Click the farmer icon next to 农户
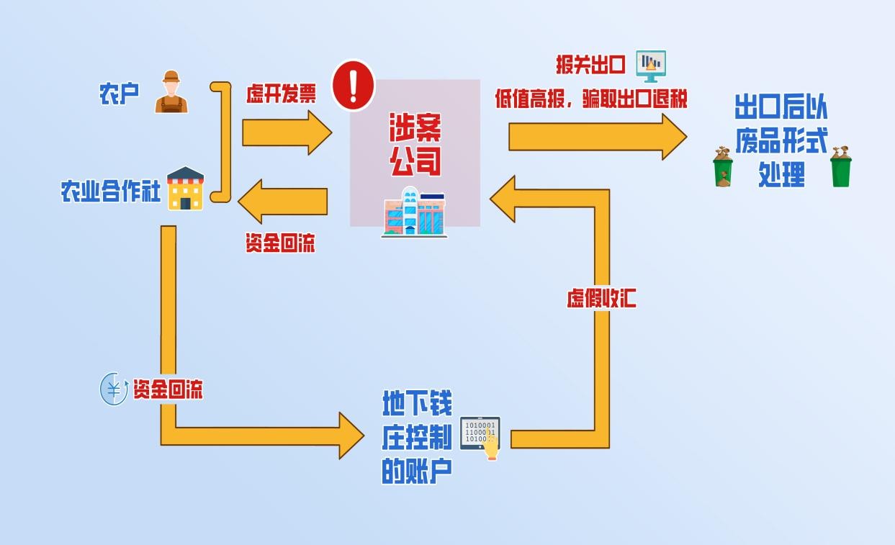[171, 92]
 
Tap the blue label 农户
[119, 94]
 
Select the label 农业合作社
[110, 192]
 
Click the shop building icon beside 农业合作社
[186, 189]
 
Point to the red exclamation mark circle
[353, 85]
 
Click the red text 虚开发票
[281, 94]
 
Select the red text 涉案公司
[415, 144]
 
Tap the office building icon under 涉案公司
[413, 212]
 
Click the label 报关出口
[590, 64]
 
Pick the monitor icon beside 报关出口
[651, 66]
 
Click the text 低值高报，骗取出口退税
[590, 99]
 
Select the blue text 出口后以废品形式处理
[781, 141]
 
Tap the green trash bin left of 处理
[723, 167]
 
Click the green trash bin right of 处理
[840, 167]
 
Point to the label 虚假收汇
[601, 298]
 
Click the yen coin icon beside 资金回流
[113, 389]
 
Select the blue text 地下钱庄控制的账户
[417, 437]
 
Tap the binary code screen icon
[480, 435]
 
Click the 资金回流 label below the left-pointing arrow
[280, 243]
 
